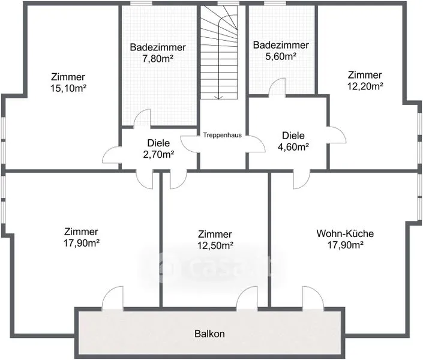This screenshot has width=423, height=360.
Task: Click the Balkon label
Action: pos(209,334)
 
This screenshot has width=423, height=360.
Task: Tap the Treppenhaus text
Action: pos(222,135)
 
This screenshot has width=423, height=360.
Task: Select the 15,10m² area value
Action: pos(68,88)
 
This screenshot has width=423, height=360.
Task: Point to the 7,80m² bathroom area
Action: pos(158,59)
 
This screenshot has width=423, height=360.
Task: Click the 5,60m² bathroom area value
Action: pos(281,56)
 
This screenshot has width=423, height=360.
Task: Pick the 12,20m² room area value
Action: pos(365,86)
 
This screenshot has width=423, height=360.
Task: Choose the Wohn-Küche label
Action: pos(345,233)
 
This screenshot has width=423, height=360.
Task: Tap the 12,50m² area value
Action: pos(215,245)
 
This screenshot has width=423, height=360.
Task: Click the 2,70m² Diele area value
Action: pos(158,154)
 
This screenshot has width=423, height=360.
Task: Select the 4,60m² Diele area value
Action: pos(293,147)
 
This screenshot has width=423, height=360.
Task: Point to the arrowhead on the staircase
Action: pos(218,97)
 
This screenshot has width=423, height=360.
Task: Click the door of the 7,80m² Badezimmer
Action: pos(142,118)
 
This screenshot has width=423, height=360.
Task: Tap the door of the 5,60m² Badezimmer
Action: pos(277,87)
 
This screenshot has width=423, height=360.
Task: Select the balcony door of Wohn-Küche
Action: pos(313,298)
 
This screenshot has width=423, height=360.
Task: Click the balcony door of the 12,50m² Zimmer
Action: pos(247,298)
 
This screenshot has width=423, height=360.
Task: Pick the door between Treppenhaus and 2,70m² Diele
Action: pos(189,143)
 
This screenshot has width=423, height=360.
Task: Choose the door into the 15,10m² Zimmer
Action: pos(112,155)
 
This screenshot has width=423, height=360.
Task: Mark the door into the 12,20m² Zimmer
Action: pos(337,135)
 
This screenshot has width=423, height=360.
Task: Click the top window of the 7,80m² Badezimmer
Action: pos(141,3)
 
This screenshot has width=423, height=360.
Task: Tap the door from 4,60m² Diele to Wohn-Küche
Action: pos(302,179)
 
